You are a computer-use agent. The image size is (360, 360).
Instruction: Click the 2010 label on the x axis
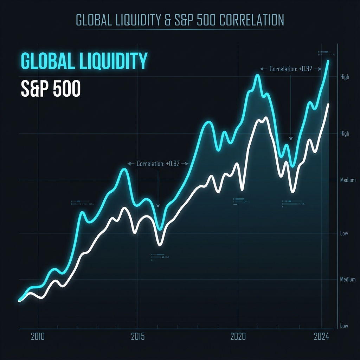click(38, 336)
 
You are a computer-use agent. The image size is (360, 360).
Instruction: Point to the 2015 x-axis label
click(138, 336)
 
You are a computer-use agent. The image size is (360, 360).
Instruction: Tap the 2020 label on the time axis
click(238, 336)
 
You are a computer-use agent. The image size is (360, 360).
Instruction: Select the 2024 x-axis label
click(321, 336)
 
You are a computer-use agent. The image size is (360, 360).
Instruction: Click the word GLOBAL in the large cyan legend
click(45, 61)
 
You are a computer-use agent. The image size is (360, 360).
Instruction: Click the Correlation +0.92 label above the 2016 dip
click(158, 163)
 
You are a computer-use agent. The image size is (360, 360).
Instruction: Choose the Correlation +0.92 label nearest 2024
click(291, 69)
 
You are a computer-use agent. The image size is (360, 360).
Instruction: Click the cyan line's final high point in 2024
click(328, 61)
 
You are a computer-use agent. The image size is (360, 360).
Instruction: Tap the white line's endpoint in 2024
click(328, 104)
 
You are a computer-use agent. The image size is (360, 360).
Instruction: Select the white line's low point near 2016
click(160, 244)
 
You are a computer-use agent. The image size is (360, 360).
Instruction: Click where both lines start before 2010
click(20, 300)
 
